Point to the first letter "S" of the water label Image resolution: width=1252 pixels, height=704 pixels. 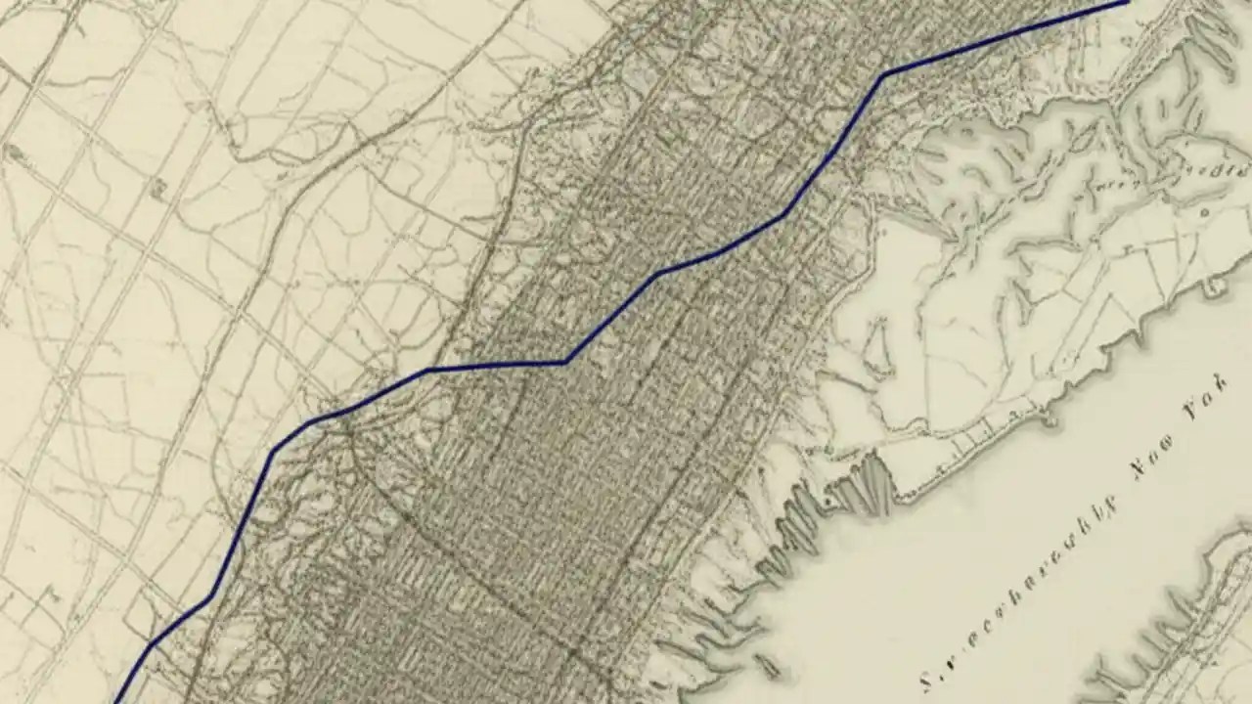pyautogui.click(x=926, y=680)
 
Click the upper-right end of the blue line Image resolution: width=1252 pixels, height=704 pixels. pyautogui.click(x=1127, y=3)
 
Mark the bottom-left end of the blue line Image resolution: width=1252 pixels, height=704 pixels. pyautogui.click(x=117, y=701)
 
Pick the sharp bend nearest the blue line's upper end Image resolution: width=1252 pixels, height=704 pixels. pyautogui.click(x=883, y=75)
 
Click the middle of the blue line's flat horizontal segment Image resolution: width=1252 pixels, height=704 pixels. pyautogui.click(x=496, y=366)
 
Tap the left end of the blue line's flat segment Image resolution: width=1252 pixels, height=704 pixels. pyautogui.click(x=427, y=371)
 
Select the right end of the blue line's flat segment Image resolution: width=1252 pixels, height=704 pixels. pyautogui.click(x=565, y=363)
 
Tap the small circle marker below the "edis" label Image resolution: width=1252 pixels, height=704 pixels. pyautogui.click(x=1204, y=211)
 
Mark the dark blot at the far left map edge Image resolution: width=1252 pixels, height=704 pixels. pyautogui.click(x=14, y=153)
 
